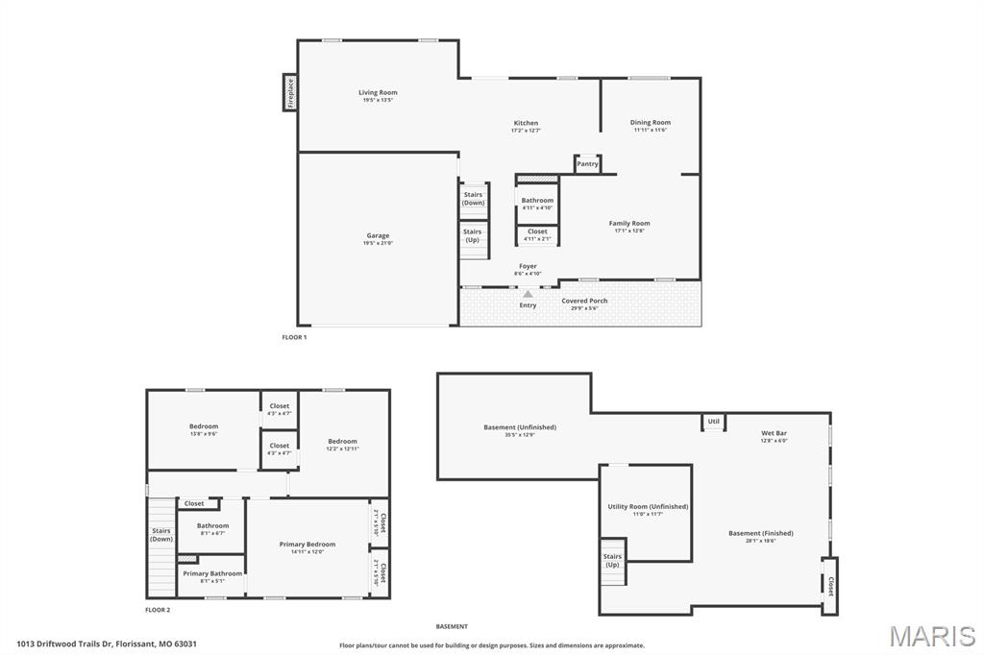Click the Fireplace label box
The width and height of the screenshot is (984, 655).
click(290, 92)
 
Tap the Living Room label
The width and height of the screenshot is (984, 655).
click(378, 93)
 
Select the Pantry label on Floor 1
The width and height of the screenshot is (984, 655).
click(587, 164)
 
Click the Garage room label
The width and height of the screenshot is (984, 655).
click(378, 235)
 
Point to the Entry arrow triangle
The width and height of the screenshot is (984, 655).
click(528, 294)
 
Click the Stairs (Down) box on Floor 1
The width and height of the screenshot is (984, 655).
click(473, 199)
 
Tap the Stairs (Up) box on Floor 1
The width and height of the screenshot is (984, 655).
click(473, 235)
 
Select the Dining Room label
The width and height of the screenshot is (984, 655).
click(650, 123)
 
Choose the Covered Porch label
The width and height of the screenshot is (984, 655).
click(584, 301)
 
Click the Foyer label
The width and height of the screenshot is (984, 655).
click(528, 266)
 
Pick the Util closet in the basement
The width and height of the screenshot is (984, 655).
click(713, 422)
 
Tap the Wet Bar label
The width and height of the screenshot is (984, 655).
click(774, 433)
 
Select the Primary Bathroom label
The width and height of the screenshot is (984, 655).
click(212, 573)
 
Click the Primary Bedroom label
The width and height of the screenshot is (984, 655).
click(307, 545)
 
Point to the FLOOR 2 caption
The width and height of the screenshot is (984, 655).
click(158, 610)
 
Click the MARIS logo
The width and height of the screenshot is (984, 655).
click(931, 636)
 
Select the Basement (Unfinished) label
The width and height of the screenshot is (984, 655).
click(519, 427)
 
